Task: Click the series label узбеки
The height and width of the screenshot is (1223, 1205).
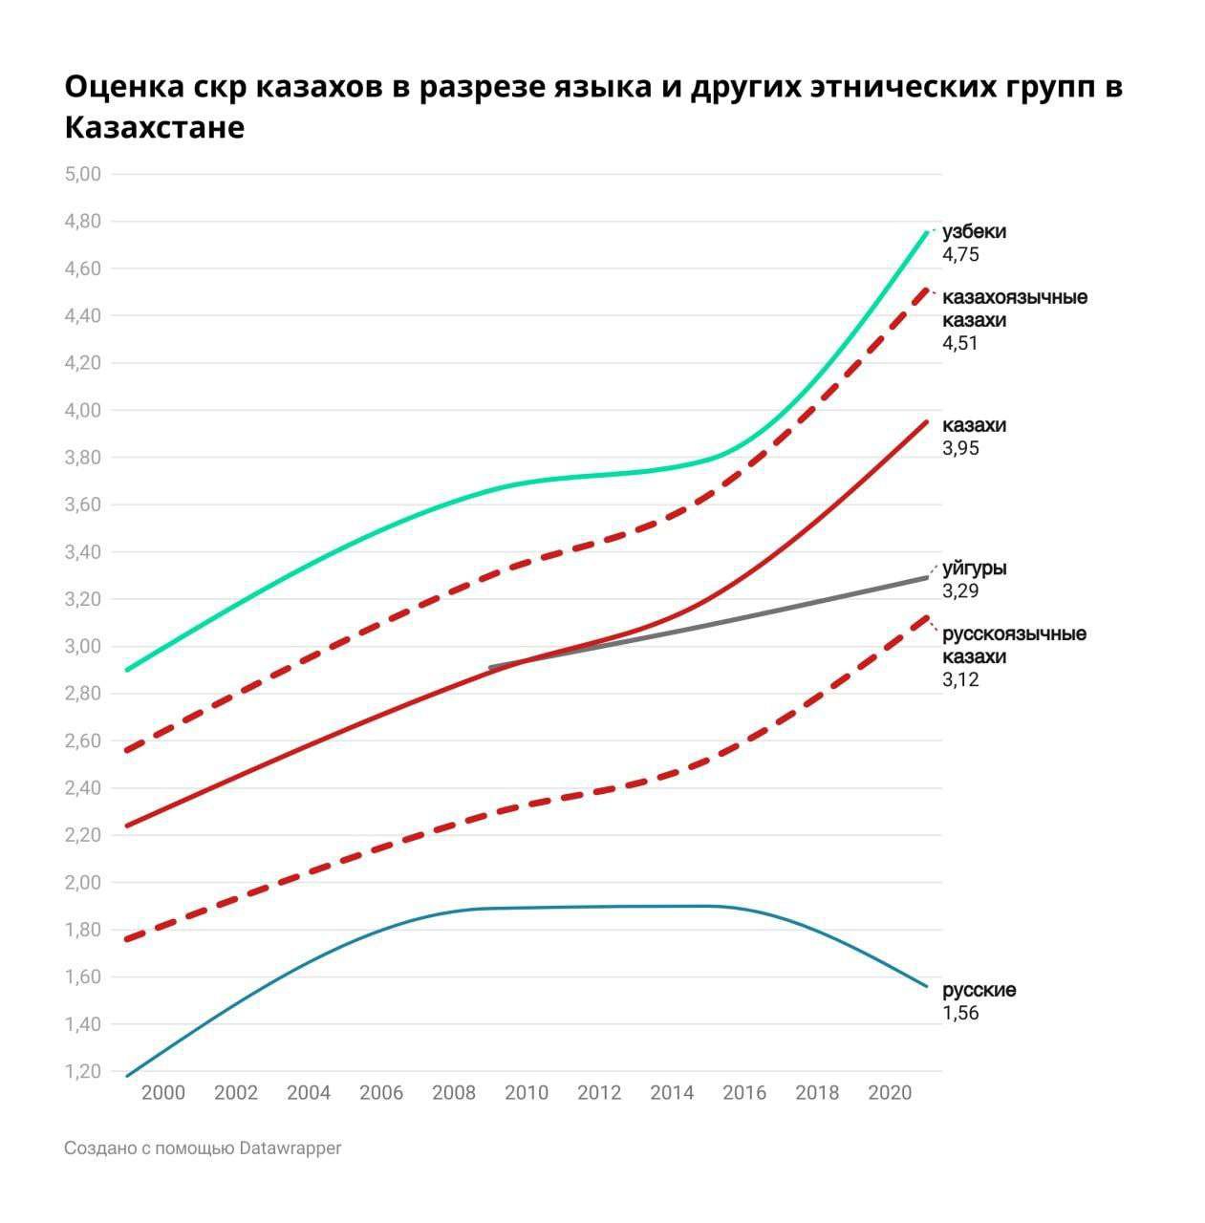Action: tap(974, 232)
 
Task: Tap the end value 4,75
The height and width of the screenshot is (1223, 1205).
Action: tap(960, 255)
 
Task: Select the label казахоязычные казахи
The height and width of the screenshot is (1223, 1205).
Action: tap(1014, 308)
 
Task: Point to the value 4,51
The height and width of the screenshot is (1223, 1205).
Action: tap(960, 344)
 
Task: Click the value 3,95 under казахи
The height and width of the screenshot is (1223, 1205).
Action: tap(960, 449)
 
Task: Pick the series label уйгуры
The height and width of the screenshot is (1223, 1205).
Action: tap(974, 569)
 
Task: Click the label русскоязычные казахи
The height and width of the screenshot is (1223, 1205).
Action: tap(1014, 645)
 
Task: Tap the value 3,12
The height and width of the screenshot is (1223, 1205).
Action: tap(960, 680)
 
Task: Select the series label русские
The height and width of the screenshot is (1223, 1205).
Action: tap(979, 990)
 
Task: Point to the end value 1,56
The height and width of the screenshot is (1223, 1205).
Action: tap(960, 1014)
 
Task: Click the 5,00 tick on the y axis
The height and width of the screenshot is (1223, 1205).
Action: tap(82, 174)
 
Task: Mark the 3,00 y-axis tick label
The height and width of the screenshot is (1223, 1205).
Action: tap(82, 646)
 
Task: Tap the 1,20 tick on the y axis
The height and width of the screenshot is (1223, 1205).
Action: tap(82, 1071)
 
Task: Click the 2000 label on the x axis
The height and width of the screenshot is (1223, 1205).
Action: tap(163, 1093)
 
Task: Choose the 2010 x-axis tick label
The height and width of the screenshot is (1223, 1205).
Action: tap(527, 1093)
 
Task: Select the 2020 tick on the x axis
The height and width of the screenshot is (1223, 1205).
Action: tap(890, 1093)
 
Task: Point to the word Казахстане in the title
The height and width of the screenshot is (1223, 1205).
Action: tap(155, 127)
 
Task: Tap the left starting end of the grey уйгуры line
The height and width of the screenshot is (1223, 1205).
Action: tap(490, 668)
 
